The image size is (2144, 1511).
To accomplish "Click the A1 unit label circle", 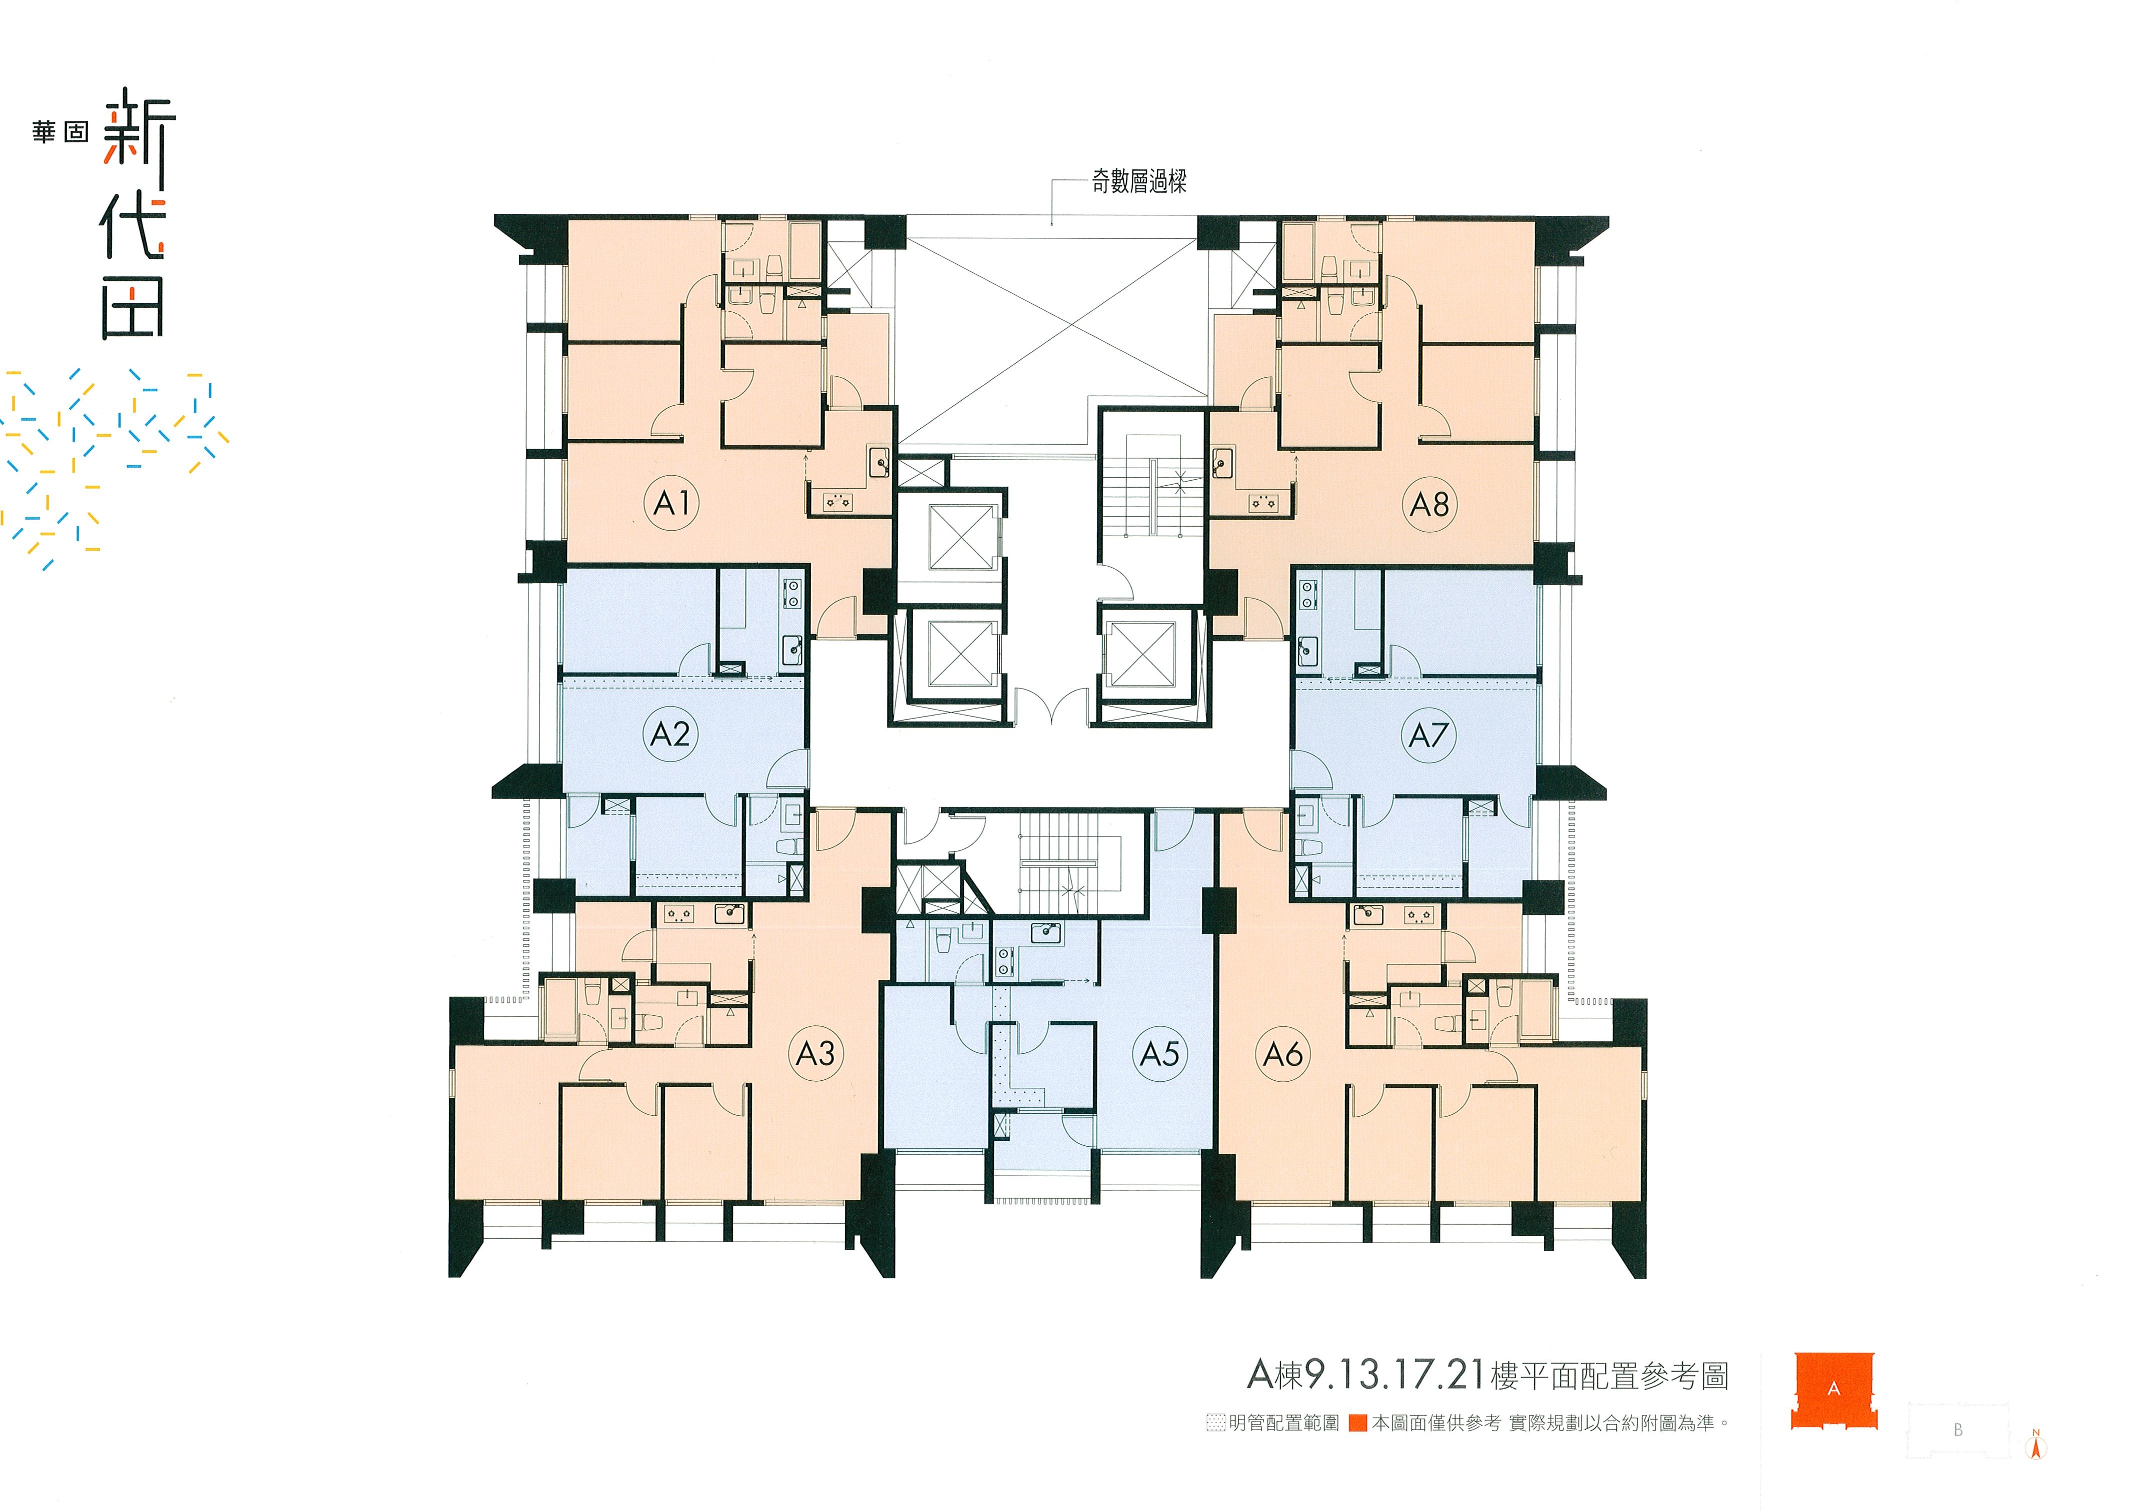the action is pos(671,504).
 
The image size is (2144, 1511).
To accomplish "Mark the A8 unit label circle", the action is pos(1428,504).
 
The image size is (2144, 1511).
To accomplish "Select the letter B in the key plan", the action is pos(1958,1430).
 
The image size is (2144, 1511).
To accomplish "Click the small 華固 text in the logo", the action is pos(60,132).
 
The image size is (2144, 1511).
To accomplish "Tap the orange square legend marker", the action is pos(1358,1423).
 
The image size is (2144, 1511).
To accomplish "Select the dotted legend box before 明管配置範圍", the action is pos(1215,1423).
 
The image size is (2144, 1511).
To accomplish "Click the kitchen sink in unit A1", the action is pos(878,462).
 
